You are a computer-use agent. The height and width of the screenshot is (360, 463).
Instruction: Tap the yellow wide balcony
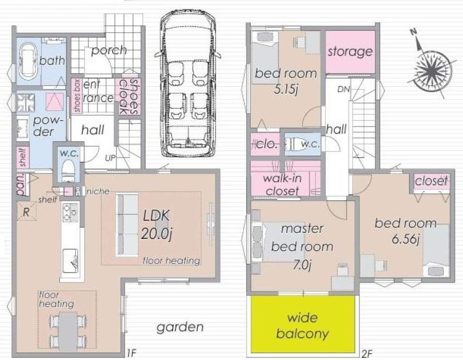click(x=303, y=323)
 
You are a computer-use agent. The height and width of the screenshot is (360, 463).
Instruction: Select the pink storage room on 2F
click(x=350, y=52)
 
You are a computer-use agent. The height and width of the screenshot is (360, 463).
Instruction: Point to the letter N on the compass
click(x=414, y=32)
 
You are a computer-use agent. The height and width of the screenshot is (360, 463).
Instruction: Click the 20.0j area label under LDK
click(x=156, y=234)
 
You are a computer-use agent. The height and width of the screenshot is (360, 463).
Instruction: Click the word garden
click(x=180, y=327)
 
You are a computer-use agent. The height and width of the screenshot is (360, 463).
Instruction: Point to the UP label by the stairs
click(x=110, y=158)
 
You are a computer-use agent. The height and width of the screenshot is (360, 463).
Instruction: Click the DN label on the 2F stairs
click(x=344, y=89)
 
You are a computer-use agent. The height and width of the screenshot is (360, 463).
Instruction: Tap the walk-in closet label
click(x=282, y=184)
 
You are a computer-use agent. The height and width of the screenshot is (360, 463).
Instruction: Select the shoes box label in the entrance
click(x=77, y=96)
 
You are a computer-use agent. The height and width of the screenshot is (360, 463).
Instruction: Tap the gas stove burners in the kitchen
click(x=70, y=212)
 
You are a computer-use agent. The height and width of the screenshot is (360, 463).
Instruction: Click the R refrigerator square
click(x=26, y=212)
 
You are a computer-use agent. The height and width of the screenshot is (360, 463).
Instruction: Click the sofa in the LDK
click(x=127, y=225)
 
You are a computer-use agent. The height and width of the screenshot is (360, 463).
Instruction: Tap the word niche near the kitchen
click(x=98, y=192)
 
